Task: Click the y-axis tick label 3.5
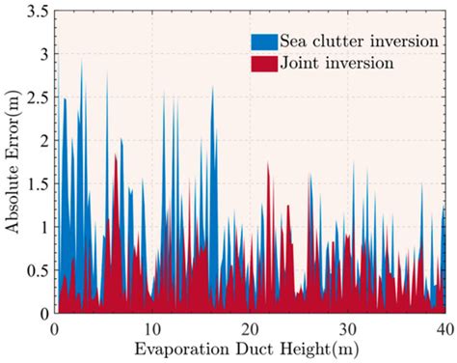pyautogui.click(x=36, y=12)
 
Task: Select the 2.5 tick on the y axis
pyautogui.click(x=36, y=98)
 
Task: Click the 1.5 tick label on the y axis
pyautogui.click(x=36, y=184)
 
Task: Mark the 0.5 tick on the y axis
pyautogui.click(x=36, y=270)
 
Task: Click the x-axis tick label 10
pyautogui.click(x=151, y=327)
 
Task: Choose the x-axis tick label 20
pyautogui.click(x=249, y=327)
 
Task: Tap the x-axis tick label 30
pyautogui.click(x=347, y=327)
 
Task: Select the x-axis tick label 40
pyautogui.click(x=444, y=327)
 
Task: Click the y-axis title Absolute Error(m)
pyautogui.click(x=13, y=162)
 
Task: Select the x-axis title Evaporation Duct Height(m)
pyautogui.click(x=250, y=348)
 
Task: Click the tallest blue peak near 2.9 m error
pyautogui.click(x=82, y=64)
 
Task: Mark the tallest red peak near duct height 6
pyautogui.click(x=116, y=154)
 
